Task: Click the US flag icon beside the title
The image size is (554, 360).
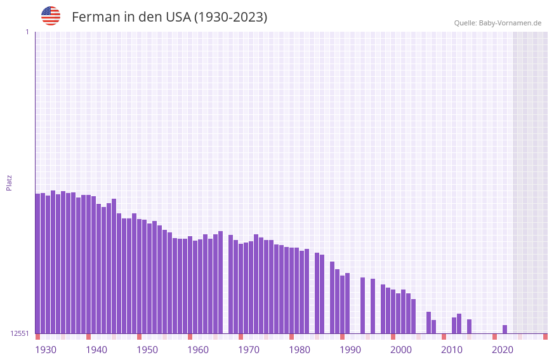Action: point(51,16)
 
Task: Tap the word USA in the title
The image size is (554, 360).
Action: point(177,17)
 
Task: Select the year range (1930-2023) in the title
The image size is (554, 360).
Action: point(230,17)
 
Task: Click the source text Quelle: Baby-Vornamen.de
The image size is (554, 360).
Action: point(498,23)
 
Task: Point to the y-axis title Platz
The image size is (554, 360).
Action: point(9,182)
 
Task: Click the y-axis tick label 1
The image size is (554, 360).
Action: point(27,32)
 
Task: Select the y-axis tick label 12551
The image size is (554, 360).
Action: point(20,333)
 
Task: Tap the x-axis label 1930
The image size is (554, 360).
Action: point(46,350)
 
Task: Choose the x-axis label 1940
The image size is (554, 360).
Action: point(96,350)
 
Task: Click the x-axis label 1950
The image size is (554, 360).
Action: point(147,350)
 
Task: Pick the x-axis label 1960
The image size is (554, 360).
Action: point(198,350)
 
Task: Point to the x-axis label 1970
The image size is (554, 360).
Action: point(249,350)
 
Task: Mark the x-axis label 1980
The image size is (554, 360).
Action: point(300,350)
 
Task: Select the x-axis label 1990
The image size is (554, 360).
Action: point(350,350)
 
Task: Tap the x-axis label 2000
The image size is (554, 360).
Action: point(401,350)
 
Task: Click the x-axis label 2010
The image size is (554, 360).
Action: point(452,350)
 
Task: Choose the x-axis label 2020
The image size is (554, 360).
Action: point(503,350)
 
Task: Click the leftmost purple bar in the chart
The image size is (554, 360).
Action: point(37,263)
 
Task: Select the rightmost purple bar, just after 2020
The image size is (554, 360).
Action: point(505,330)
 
